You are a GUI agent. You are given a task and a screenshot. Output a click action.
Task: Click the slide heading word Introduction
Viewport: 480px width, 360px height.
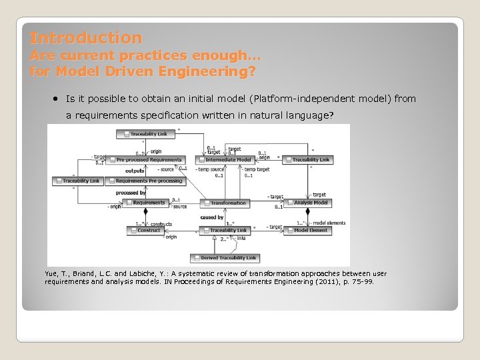pos(85,38)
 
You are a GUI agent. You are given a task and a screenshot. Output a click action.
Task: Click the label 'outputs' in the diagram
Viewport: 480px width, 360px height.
pos(135,171)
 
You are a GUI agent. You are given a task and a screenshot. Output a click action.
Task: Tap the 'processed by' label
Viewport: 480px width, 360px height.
pos(131,193)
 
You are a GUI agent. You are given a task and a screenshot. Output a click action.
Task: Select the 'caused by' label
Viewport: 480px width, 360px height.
pos(211,217)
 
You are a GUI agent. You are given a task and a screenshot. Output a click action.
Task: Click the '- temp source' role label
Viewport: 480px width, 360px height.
pos(210,169)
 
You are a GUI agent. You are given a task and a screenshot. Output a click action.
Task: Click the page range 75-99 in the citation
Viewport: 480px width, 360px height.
pos(360,282)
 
